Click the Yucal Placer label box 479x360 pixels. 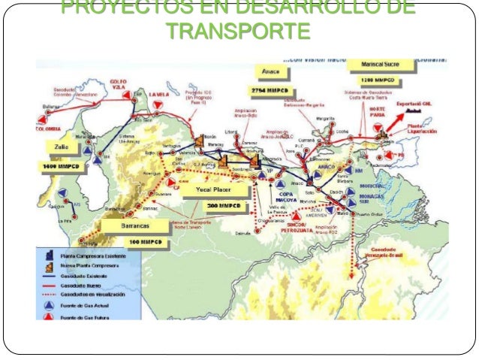213,189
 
